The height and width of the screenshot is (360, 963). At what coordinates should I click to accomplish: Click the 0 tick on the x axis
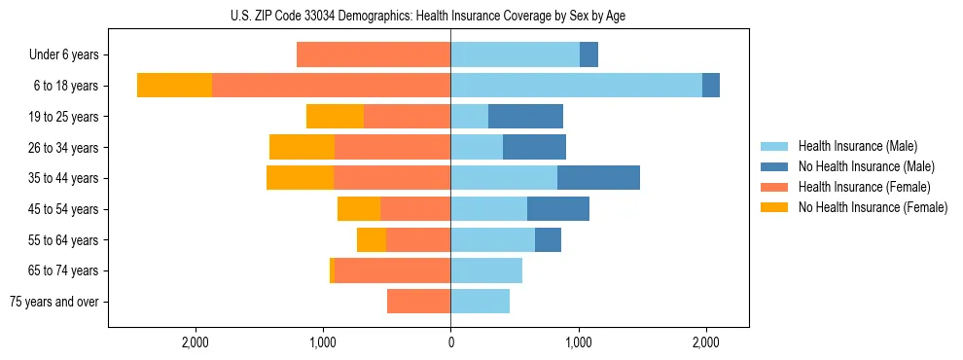click(x=450, y=342)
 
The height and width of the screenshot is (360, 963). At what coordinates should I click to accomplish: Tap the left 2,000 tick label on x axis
click(x=196, y=342)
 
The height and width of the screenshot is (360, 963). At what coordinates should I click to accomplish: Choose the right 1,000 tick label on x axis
click(x=579, y=342)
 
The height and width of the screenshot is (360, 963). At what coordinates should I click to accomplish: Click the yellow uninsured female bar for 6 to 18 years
click(x=174, y=86)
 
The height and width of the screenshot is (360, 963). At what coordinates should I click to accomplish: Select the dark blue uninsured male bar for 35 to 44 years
click(x=598, y=178)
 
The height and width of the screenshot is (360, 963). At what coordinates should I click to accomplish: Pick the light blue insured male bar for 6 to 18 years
click(x=576, y=86)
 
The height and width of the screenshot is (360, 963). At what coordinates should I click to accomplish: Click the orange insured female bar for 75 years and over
click(x=418, y=302)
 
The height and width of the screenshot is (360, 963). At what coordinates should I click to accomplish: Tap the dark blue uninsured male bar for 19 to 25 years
click(x=525, y=117)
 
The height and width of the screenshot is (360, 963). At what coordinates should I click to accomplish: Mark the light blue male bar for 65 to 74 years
click(x=486, y=270)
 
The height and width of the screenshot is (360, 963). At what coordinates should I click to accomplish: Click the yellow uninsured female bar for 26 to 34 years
click(x=302, y=147)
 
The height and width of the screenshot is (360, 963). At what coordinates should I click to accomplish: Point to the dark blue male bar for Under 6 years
click(x=588, y=55)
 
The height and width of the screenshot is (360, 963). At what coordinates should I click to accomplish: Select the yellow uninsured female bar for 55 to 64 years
click(x=372, y=239)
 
